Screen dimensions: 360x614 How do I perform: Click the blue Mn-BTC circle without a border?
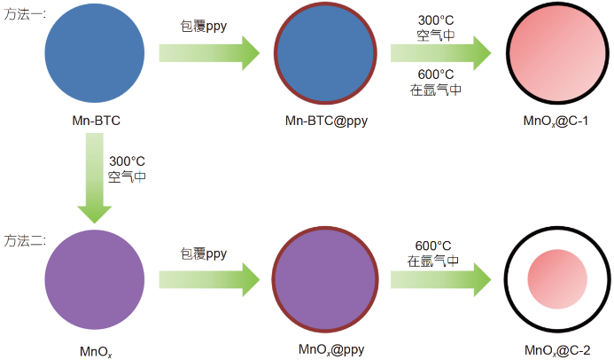94,55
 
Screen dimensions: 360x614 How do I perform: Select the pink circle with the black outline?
556,55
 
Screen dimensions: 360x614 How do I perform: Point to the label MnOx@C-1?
556,121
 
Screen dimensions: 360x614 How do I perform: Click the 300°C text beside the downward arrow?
127,161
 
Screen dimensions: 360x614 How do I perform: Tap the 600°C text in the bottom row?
433,246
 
